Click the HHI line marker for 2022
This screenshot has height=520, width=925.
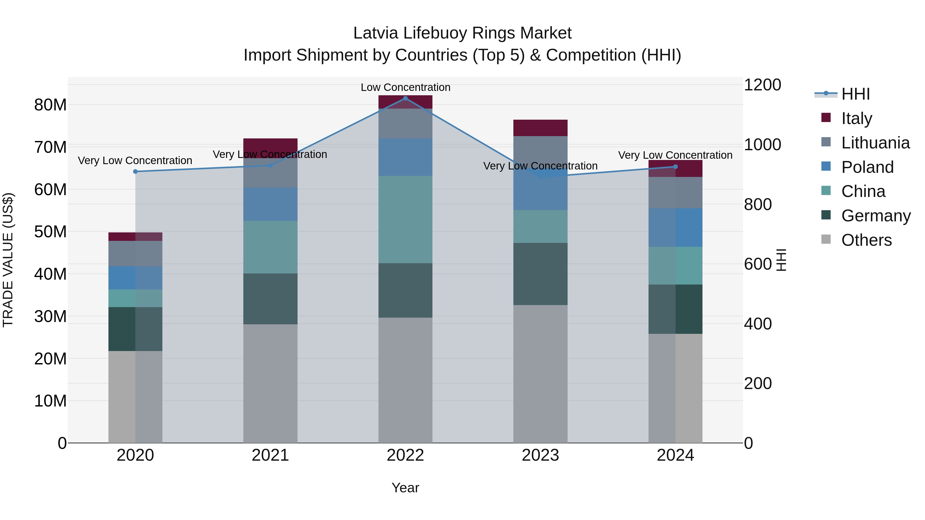click(405, 98)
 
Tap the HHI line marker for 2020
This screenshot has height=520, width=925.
click(135, 172)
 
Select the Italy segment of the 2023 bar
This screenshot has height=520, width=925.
click(540, 128)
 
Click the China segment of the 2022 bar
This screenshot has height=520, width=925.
click(405, 219)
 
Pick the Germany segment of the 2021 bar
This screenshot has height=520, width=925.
click(270, 299)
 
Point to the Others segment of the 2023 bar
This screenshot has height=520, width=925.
click(540, 374)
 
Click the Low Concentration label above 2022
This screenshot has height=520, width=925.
click(405, 87)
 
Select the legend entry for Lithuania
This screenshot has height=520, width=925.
click(875, 143)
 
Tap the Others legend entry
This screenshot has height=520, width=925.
click(866, 240)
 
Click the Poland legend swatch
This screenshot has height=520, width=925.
click(826, 166)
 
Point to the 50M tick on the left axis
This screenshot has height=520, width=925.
click(50, 232)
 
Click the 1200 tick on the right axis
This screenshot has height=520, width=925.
click(762, 85)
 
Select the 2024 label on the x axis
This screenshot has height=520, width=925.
click(675, 455)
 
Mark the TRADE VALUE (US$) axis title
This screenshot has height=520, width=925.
click(8, 260)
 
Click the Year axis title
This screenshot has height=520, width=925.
click(405, 488)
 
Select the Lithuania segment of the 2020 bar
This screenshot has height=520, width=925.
click(135, 253)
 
